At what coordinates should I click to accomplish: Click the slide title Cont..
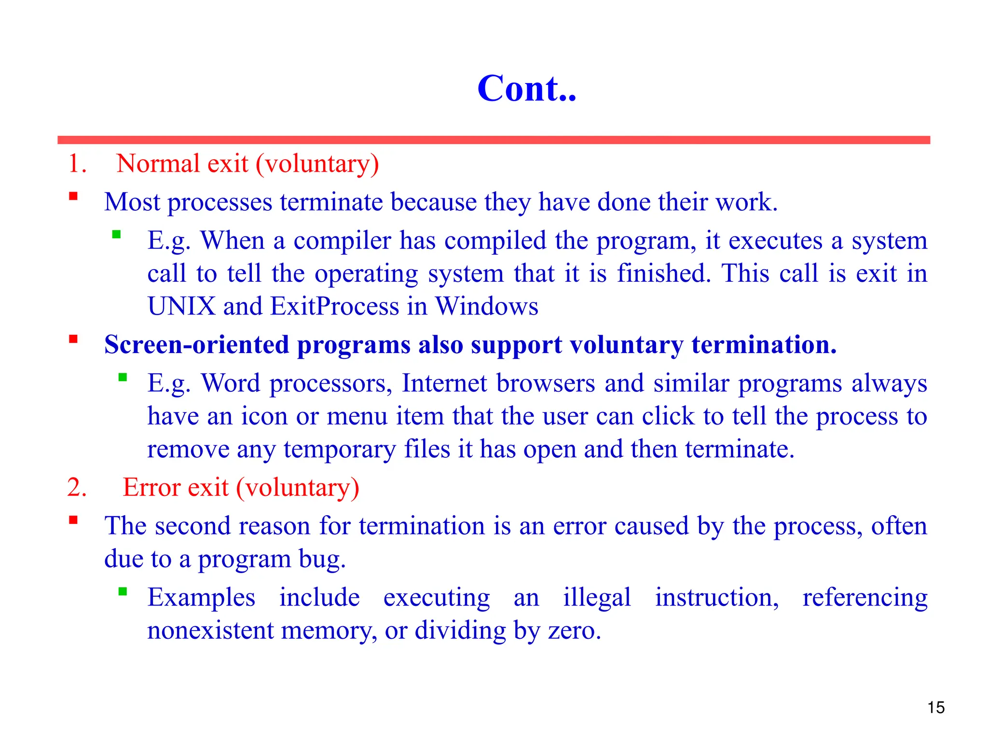point(526,89)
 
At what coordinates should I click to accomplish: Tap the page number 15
point(936,708)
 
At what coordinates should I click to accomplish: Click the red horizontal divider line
point(494,140)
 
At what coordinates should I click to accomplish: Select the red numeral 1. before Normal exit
point(77,164)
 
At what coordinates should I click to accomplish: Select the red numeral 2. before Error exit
point(77,487)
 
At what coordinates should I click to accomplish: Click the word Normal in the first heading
point(158,164)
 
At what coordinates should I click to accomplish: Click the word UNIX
point(181,306)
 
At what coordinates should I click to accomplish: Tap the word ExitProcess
point(334,306)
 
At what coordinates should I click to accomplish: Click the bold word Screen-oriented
point(196,345)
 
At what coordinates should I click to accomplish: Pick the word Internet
point(444,384)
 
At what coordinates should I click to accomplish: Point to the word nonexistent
point(210,631)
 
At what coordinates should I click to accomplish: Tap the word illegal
point(597,598)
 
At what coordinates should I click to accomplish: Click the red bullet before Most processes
point(73,196)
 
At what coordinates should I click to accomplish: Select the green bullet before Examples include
point(123,591)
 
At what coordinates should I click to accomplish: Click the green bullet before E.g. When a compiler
point(116,234)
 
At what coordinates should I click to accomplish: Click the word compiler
point(342,241)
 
